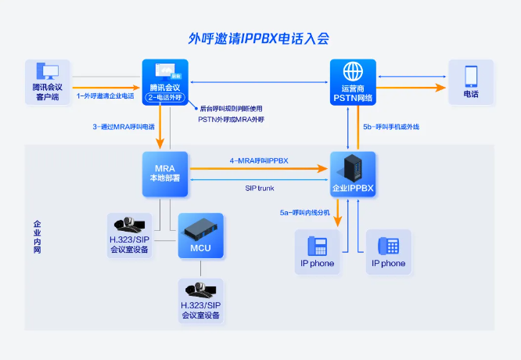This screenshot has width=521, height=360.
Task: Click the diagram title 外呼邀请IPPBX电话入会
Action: [x=259, y=37]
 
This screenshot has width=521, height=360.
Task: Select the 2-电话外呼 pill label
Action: [x=165, y=98]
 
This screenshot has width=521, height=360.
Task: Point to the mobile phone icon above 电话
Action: [x=471, y=75]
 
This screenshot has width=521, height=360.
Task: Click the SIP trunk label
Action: [x=260, y=188]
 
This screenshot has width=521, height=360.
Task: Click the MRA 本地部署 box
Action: [x=165, y=174]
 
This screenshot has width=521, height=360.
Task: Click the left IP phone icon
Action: [x=318, y=246]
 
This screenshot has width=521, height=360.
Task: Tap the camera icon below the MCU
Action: [x=201, y=290]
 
